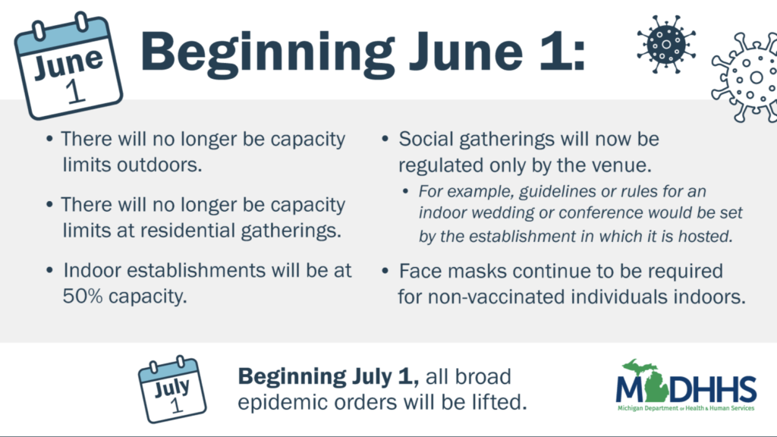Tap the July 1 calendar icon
point(171,389)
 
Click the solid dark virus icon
point(666,44)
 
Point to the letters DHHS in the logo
point(713,389)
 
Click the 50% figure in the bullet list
point(83,297)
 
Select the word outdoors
point(159,165)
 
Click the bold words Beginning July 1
point(328,377)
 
